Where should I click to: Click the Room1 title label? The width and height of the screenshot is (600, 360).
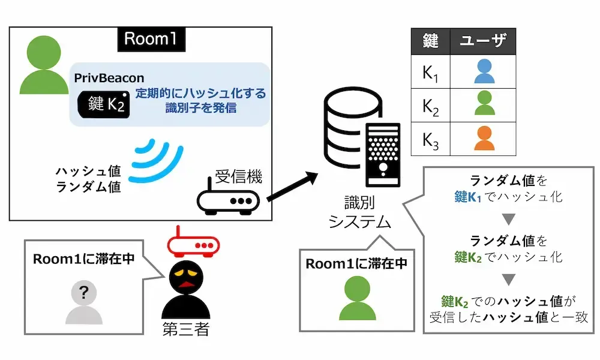[150, 39]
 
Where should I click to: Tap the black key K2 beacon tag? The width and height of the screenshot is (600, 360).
[103, 104]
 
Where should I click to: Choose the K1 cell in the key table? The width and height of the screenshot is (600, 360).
[430, 71]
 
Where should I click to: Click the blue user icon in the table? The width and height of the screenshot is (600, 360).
[484, 71]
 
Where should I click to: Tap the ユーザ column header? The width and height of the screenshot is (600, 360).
[483, 41]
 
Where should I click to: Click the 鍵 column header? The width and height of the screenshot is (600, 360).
[430, 41]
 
